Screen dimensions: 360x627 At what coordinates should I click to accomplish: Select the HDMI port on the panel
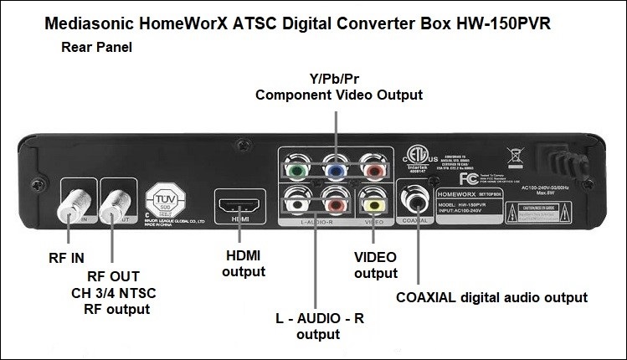(237, 203)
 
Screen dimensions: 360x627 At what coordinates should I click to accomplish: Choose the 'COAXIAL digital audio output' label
(491, 296)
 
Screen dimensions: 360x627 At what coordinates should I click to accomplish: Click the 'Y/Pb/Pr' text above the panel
(338, 80)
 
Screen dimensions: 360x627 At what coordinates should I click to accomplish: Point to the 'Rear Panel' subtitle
(96, 48)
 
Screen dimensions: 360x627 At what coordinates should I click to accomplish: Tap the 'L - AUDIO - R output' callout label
(317, 327)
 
